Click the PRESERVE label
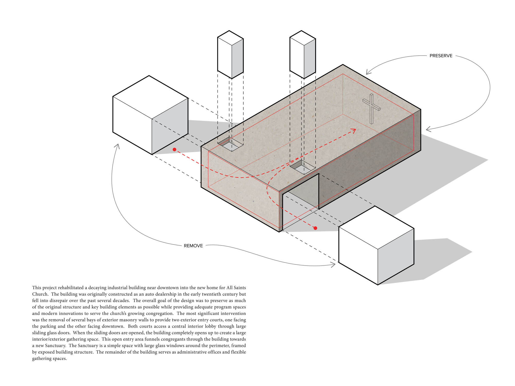(x=441, y=56)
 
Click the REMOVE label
(x=193, y=246)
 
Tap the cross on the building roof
(x=371, y=109)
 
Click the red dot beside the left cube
(x=175, y=150)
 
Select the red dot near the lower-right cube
(x=315, y=228)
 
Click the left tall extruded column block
(x=230, y=55)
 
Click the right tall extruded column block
(x=303, y=55)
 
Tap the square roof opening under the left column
(x=230, y=144)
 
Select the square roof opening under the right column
(x=303, y=167)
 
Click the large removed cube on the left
(x=150, y=115)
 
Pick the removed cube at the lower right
(x=376, y=245)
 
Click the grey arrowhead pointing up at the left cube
(x=117, y=146)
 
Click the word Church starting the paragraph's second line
(x=40, y=294)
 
